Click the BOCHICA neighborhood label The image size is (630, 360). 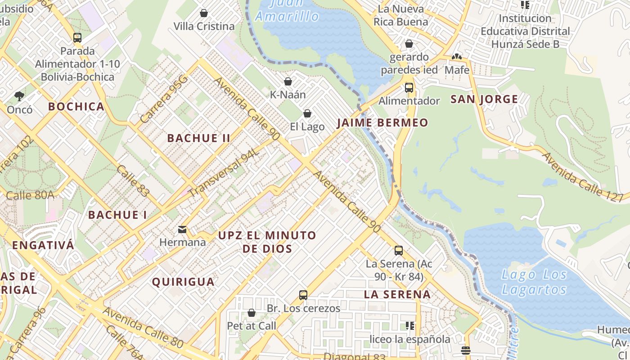click(76, 107)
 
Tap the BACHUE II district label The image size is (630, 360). click(199, 138)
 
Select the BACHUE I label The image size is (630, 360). click(117, 215)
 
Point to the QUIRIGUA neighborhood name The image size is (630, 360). click(183, 282)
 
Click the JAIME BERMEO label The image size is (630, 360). click(382, 122)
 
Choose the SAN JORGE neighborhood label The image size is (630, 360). click(484, 99)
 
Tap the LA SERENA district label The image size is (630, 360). click(397, 295)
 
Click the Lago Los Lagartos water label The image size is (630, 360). click(534, 282)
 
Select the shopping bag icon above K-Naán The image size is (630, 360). click(288, 81)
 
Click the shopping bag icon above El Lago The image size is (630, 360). click(307, 113)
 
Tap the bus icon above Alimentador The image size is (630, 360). click(409, 88)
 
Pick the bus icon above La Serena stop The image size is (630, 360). click(398, 251)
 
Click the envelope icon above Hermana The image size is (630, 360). click(182, 229)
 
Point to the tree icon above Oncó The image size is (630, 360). click(19, 96)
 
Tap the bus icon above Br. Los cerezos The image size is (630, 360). click(303, 295)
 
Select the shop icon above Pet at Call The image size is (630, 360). click(252, 313)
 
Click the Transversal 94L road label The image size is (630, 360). click(224, 173)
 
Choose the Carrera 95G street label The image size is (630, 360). click(163, 100)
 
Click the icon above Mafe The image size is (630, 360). click(457, 57)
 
